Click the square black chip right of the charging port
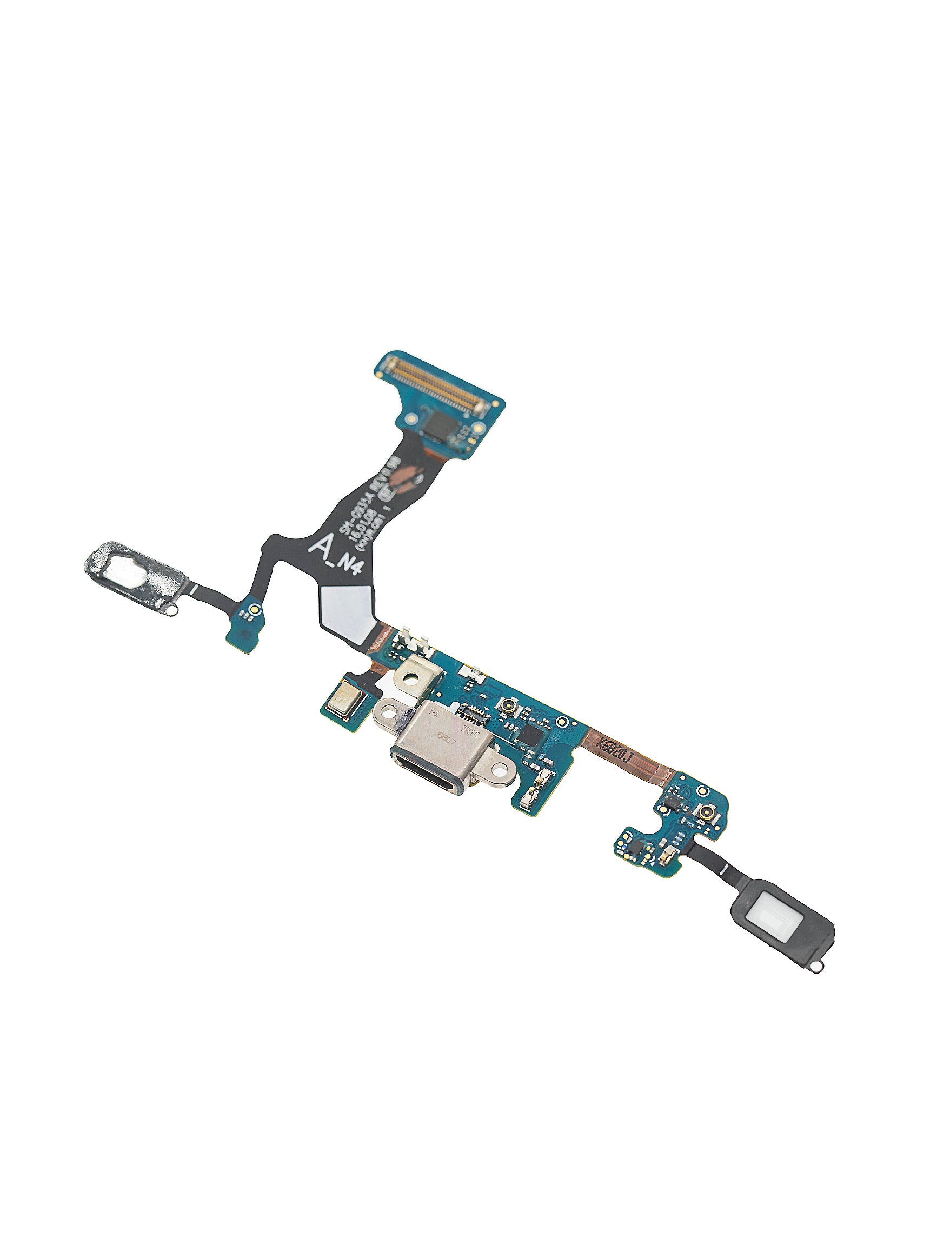pyautogui.click(x=531, y=733)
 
